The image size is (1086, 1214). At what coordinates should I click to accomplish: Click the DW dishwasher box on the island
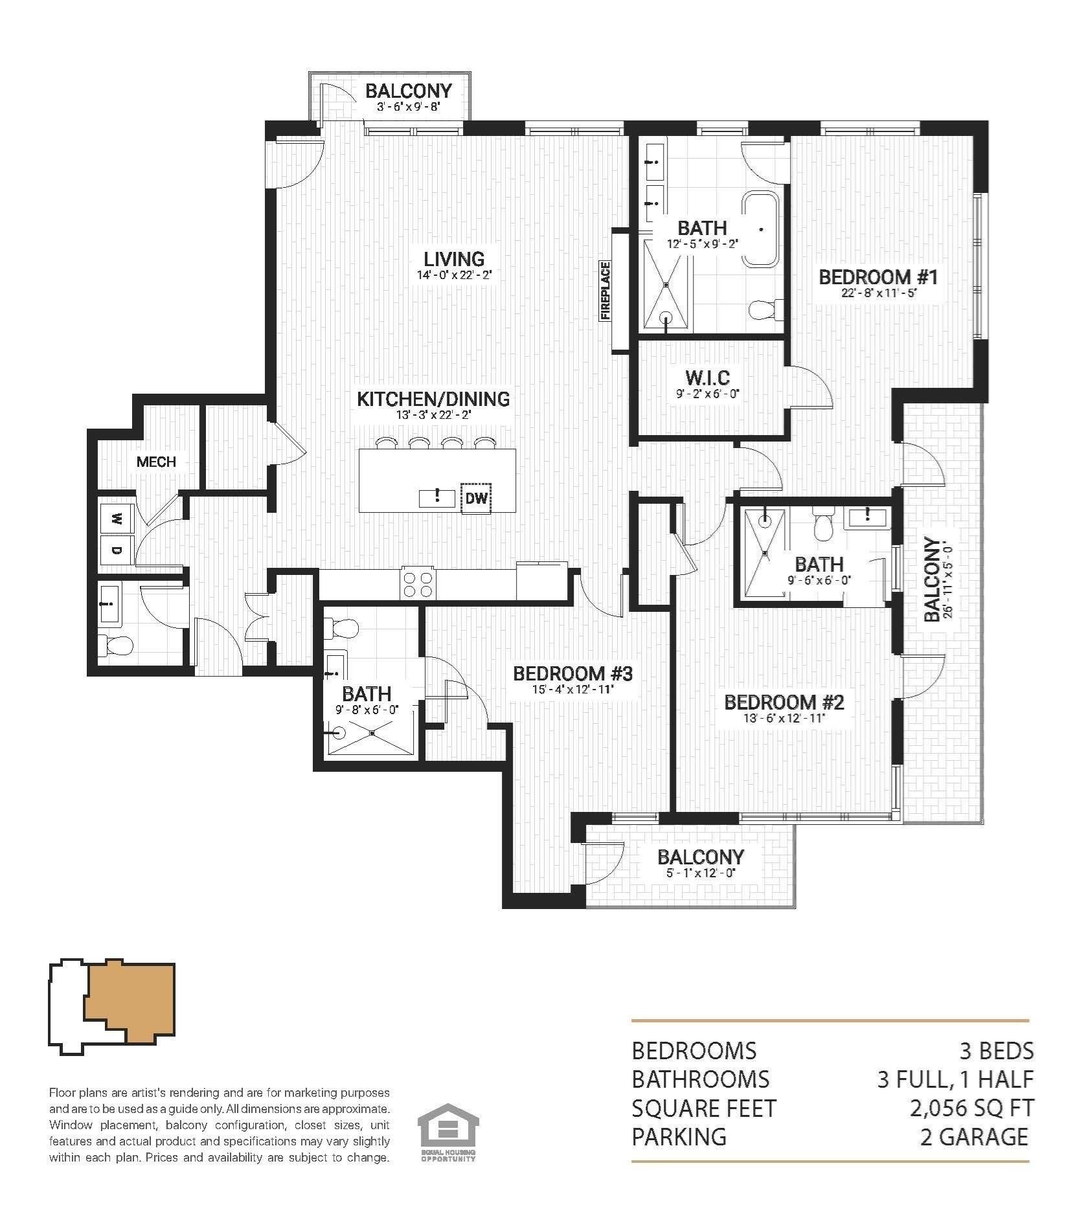[x=476, y=498]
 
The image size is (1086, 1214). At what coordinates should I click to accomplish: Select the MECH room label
[x=156, y=462]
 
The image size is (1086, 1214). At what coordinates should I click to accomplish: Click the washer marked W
[x=117, y=519]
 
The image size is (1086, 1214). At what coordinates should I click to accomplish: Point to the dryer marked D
[x=117, y=550]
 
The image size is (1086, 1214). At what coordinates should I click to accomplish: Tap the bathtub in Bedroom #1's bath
[x=762, y=228]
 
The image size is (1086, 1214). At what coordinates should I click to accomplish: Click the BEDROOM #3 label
[x=572, y=674]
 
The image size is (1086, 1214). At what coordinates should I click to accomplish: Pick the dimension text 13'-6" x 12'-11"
[x=784, y=718]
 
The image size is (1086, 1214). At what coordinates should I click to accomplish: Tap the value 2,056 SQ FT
[x=971, y=1108]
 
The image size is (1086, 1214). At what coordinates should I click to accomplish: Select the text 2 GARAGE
[x=974, y=1137]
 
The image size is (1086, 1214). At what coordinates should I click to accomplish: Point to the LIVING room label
[x=454, y=259]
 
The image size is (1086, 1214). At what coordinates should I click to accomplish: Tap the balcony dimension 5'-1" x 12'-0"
[x=700, y=873]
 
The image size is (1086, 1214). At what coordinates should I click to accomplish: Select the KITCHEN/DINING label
[x=433, y=399]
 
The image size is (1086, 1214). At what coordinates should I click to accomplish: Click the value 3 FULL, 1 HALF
[x=955, y=1079]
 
